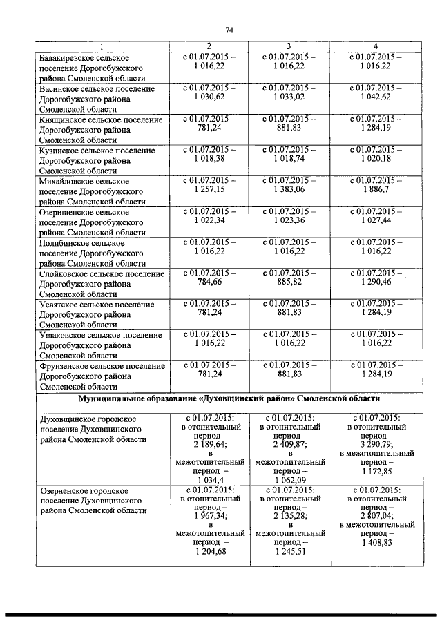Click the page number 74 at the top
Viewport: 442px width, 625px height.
[229, 30]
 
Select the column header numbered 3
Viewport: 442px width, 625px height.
[291, 45]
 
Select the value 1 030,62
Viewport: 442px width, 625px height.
[209, 97]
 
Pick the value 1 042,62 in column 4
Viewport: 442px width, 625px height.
[375, 97]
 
